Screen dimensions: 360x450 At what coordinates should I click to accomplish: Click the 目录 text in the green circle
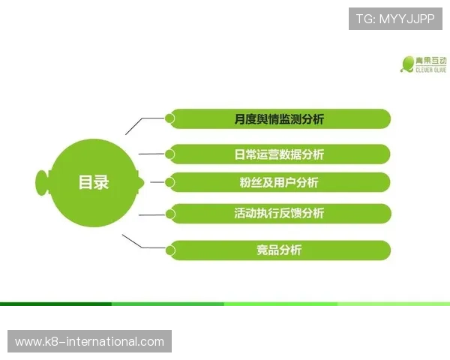[94, 182]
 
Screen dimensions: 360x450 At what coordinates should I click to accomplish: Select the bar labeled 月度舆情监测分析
[279, 118]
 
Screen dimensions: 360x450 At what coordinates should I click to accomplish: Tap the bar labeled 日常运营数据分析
[279, 154]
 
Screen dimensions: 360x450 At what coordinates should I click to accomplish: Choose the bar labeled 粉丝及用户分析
[279, 182]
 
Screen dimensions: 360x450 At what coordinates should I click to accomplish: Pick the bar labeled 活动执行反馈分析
[279, 213]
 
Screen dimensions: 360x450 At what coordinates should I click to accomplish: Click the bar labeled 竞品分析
[279, 250]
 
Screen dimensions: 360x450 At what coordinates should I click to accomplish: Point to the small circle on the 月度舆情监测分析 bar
[170, 118]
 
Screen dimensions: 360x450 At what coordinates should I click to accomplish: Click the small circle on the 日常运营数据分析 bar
[170, 154]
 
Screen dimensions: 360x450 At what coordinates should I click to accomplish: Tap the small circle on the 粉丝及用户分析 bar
[170, 181]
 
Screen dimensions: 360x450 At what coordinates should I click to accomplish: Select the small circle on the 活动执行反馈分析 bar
[170, 213]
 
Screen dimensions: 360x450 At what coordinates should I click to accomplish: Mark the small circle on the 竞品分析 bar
[170, 250]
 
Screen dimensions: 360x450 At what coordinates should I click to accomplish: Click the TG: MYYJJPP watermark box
[395, 18]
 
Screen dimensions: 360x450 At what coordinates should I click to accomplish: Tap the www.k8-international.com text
[89, 342]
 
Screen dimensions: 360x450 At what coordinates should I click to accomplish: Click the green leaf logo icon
[408, 64]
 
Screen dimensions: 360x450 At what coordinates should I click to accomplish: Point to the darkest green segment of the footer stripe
[56, 304]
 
